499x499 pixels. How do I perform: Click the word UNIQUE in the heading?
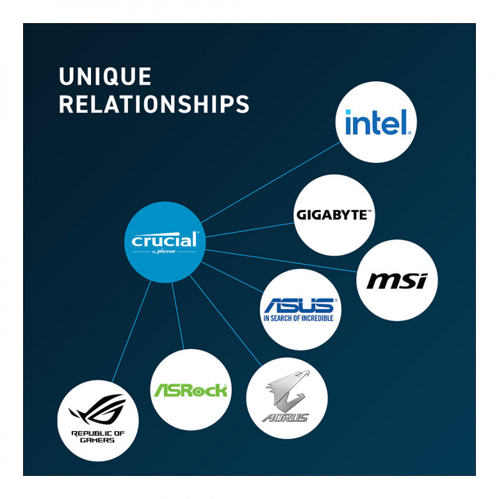click(105, 77)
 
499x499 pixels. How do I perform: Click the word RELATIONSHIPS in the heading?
click(154, 104)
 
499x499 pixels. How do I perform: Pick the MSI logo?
click(396, 281)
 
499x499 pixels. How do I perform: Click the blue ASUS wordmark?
click(299, 306)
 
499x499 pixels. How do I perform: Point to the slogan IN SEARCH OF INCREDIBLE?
click(299, 318)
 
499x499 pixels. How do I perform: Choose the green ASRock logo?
click(190, 390)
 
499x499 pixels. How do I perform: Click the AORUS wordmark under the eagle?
click(286, 417)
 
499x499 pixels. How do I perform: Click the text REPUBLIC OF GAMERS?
click(97, 436)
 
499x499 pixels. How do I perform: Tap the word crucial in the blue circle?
click(165, 240)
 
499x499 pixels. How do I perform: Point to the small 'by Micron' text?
click(164, 252)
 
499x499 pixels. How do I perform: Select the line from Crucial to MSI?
click(281, 261)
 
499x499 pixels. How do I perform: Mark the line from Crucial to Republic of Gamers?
click(131, 331)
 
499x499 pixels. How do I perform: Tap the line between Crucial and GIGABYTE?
click(249, 230)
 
